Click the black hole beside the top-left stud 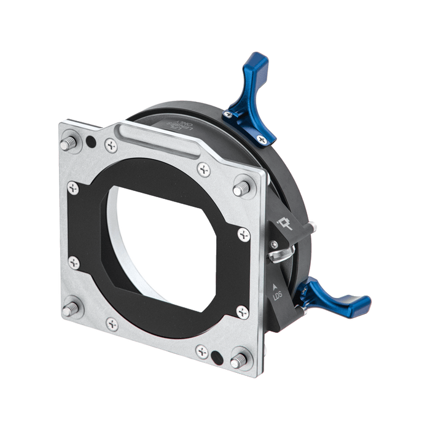click(x=90, y=142)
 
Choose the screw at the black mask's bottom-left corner click(x=76, y=262)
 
